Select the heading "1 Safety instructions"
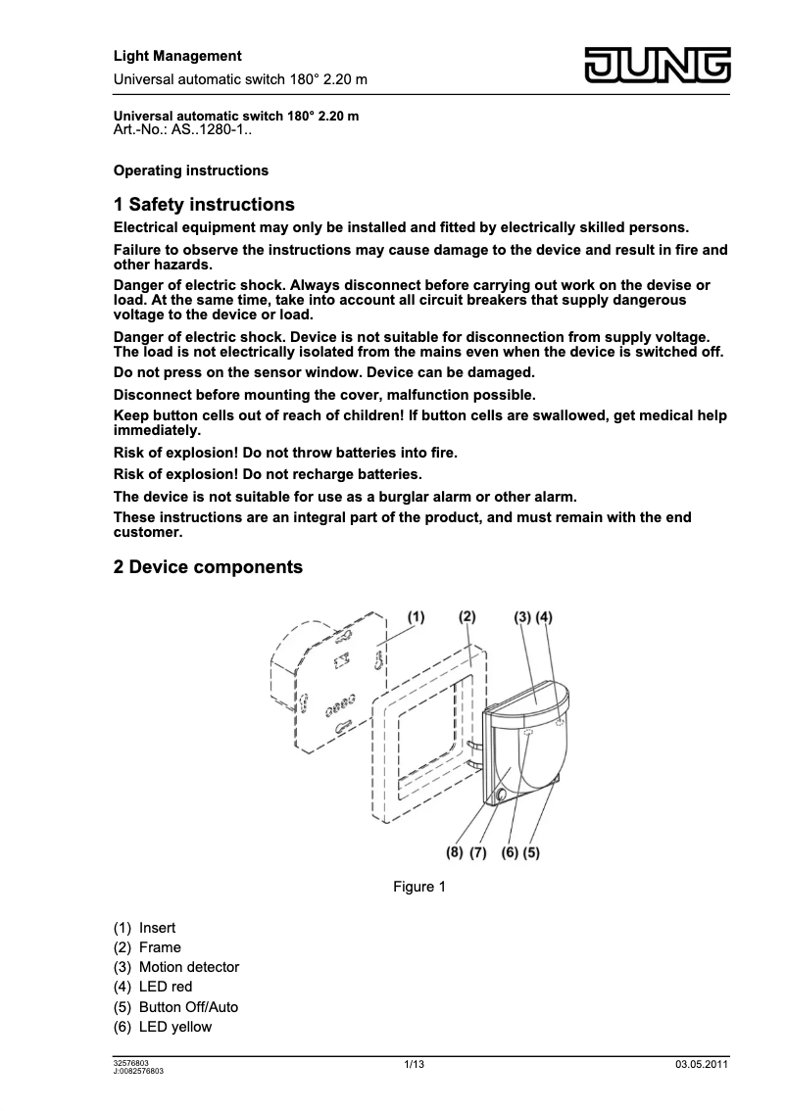tap(204, 205)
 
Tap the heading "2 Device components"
tap(208, 567)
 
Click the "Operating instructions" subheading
tap(191, 170)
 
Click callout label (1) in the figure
tap(416, 617)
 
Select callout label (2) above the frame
tap(467, 617)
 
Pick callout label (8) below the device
tap(454, 852)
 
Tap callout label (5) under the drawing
tap(531, 852)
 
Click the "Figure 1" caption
tap(419, 887)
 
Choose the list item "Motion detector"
tap(189, 967)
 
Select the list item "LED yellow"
tap(175, 1027)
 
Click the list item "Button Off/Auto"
tap(188, 1007)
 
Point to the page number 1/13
tap(414, 1065)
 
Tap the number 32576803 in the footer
tap(132, 1062)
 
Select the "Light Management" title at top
tap(177, 56)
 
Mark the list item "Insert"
tap(157, 928)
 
